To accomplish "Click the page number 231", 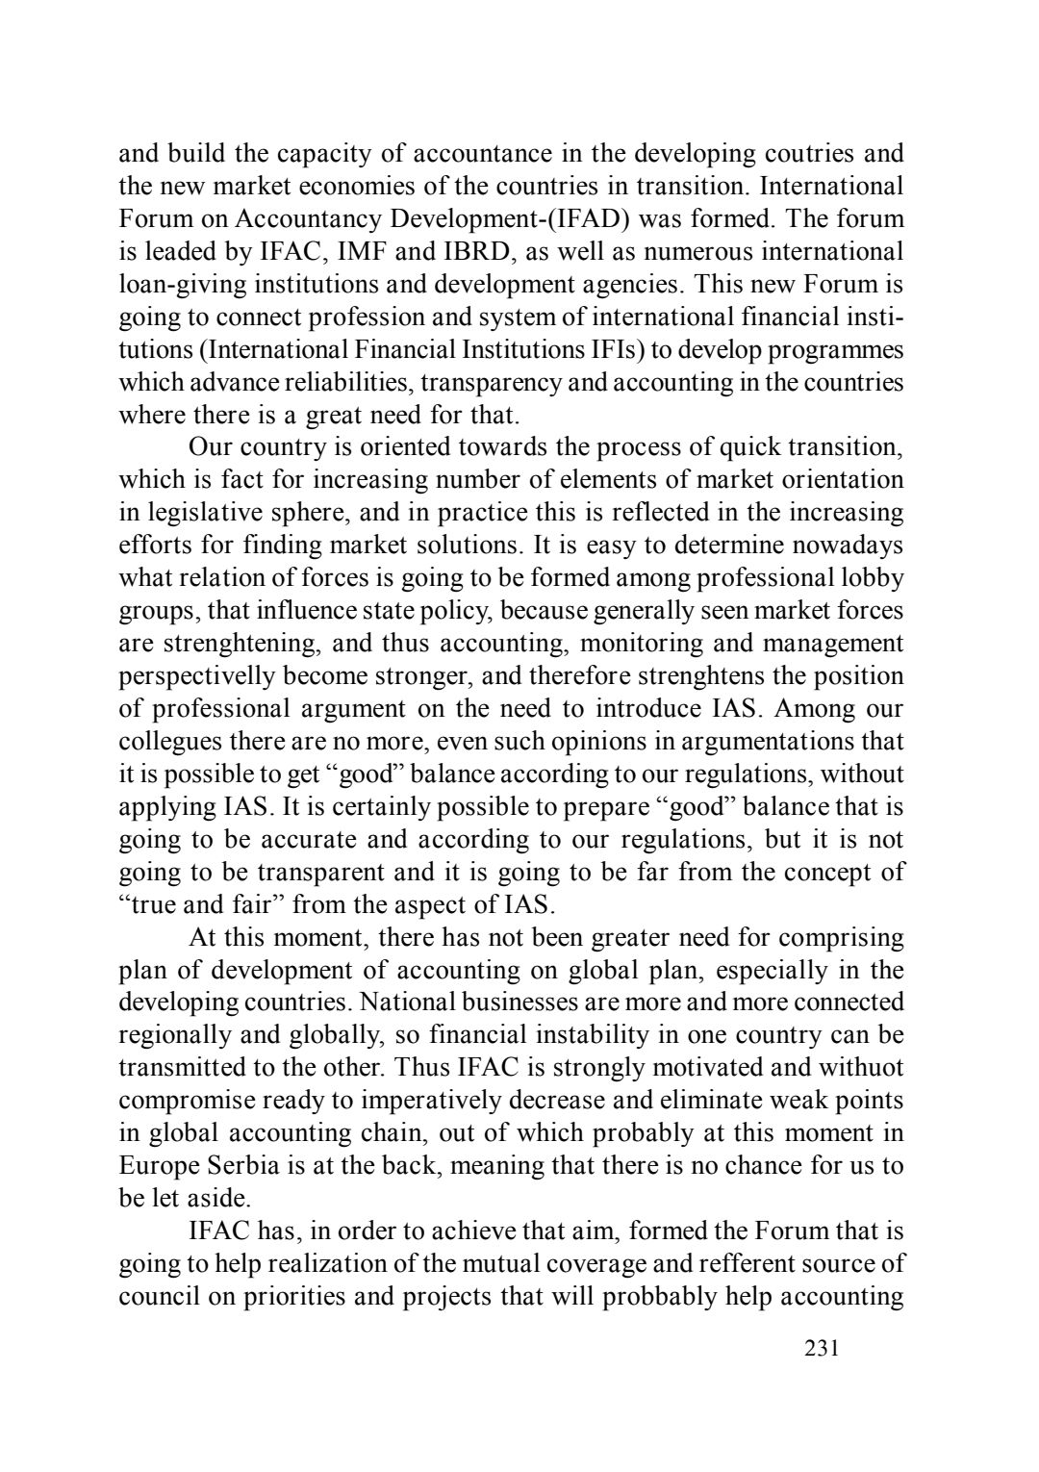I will [822, 1348].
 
